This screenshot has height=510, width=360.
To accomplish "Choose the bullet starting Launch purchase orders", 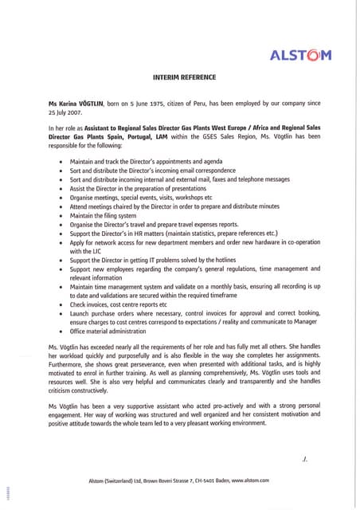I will pos(192,315).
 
